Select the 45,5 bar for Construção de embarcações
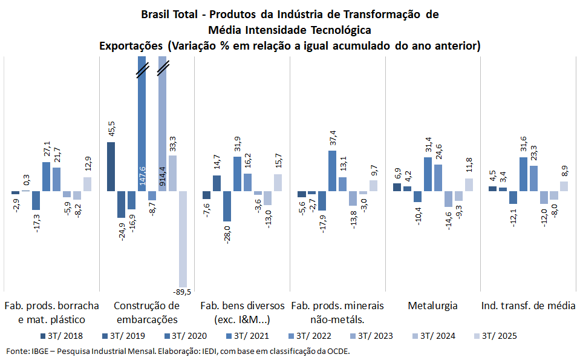click(111, 166)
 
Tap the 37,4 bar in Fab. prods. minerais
click(332, 171)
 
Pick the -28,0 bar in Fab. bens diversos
click(227, 206)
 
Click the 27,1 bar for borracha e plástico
click(47, 177)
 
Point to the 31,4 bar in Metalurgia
click(428, 174)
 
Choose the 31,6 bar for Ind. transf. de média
click(523, 174)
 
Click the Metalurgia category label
click(432, 306)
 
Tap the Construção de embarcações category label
click(146, 312)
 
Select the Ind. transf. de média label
click(528, 306)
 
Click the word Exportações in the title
click(132, 46)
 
